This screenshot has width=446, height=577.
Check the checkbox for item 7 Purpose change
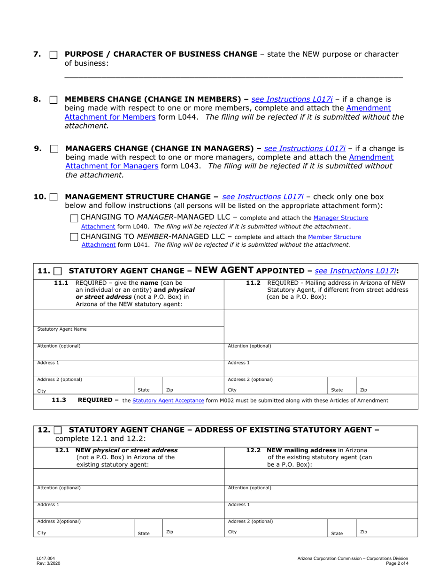point(53,55)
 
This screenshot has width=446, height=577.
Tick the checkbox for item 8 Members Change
point(53,100)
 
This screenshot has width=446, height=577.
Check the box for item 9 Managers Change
point(54,149)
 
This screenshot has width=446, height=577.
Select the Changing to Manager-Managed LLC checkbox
point(74,218)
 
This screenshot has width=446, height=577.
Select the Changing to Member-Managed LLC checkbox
point(74,237)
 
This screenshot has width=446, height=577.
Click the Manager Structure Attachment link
point(340,218)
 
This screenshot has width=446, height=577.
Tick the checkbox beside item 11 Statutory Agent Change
point(58,271)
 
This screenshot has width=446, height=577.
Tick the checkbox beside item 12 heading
point(58,430)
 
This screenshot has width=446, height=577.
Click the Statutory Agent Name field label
point(62,329)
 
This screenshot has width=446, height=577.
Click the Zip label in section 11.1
point(169,390)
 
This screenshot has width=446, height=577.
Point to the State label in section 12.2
point(337,533)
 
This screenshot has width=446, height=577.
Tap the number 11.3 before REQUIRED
point(59,400)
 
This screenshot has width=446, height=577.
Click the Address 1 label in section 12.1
point(48,505)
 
